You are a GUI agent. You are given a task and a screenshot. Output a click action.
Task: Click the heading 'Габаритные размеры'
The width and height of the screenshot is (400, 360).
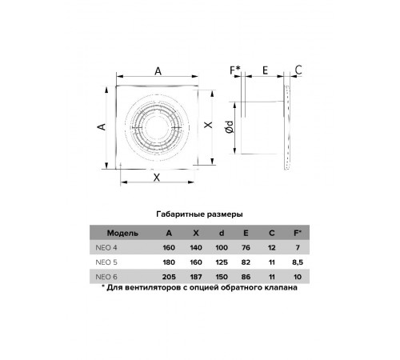(x=199, y=214)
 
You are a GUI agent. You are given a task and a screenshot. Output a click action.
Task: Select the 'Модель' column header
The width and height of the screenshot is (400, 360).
(x=122, y=233)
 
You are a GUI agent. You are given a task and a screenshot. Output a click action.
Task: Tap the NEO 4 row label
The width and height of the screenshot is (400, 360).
(x=106, y=248)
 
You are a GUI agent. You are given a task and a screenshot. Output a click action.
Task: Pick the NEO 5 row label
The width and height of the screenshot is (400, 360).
(x=106, y=262)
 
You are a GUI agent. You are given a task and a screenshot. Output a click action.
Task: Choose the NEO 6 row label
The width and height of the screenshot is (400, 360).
(x=106, y=277)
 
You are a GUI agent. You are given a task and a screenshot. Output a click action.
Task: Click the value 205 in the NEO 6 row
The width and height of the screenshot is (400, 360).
(x=169, y=277)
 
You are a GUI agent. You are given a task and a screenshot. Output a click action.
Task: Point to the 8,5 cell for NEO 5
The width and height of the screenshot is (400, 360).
(x=298, y=262)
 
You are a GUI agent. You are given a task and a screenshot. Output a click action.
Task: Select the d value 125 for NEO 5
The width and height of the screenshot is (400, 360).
(x=222, y=262)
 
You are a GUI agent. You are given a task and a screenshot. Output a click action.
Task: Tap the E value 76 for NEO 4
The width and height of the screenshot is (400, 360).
(x=246, y=248)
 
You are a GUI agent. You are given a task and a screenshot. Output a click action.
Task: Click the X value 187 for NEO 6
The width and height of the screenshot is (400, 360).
(x=196, y=277)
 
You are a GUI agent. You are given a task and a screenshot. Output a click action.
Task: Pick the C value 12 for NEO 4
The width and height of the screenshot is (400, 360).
(x=272, y=248)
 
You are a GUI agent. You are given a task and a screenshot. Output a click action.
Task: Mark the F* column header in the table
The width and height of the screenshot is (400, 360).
(x=298, y=233)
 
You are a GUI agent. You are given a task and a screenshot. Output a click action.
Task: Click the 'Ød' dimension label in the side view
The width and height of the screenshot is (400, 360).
(x=230, y=127)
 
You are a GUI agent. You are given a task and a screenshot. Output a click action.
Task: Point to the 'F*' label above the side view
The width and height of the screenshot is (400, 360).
(x=235, y=70)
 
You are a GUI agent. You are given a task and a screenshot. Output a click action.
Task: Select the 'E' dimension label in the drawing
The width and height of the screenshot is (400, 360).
(x=265, y=70)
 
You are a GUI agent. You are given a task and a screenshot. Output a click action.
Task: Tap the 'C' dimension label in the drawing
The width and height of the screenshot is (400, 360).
(x=298, y=70)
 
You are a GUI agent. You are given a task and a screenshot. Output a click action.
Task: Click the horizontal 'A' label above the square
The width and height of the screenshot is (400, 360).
(x=158, y=71)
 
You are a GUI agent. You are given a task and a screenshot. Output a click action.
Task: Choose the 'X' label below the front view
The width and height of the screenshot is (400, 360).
(x=157, y=178)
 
